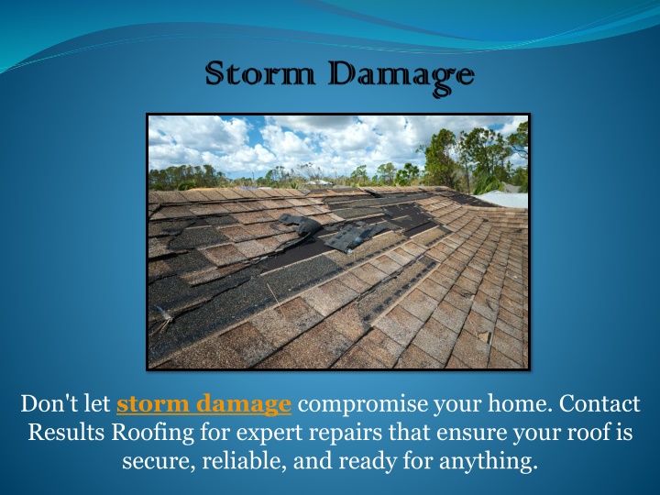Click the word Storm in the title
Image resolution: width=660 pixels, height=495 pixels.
coord(260,73)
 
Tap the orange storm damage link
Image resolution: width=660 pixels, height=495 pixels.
coord(203,403)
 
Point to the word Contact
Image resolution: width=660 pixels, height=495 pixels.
coord(599,403)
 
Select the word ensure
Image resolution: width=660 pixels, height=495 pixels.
coord(471,434)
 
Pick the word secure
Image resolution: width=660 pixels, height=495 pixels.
coord(159,461)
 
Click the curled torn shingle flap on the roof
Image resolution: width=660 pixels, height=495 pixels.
coord(304,225)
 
